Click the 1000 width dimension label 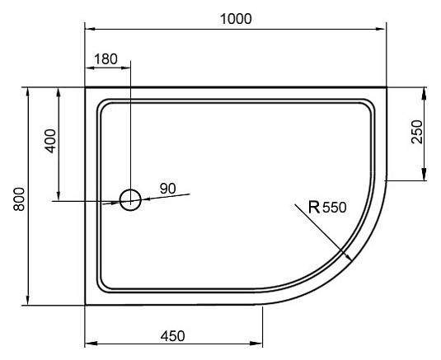tap(237, 18)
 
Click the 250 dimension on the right tap(416, 132)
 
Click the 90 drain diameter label tap(167, 189)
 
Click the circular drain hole tap(130, 199)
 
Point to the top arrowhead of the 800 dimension tap(30, 89)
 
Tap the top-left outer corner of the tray tap(86, 86)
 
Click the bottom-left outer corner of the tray tap(86, 304)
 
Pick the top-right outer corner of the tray tap(387, 86)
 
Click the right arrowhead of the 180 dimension tap(127, 70)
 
